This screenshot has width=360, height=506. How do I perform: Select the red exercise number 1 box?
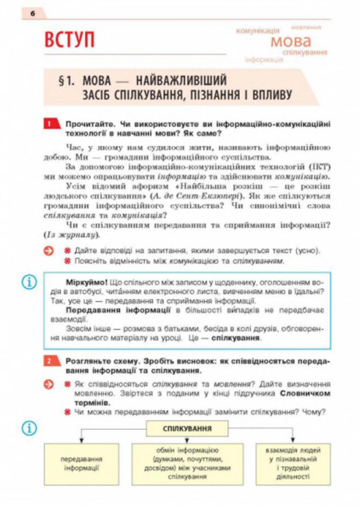[x=48, y=124]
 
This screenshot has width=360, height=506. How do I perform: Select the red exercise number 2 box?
[x=48, y=360]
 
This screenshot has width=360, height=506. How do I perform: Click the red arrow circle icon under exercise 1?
[x=48, y=251]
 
